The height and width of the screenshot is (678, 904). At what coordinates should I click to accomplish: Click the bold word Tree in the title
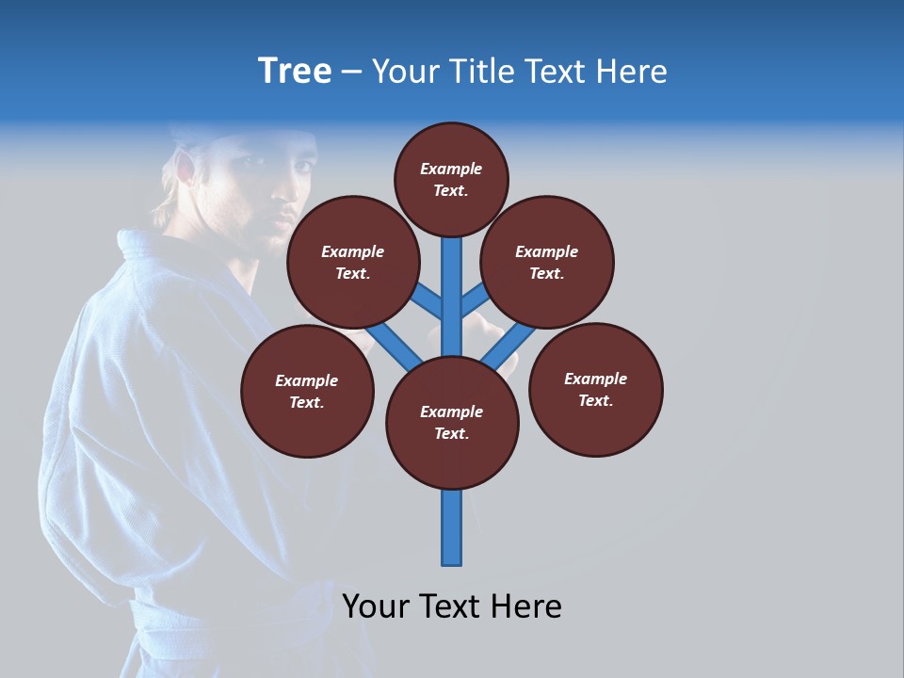point(295,71)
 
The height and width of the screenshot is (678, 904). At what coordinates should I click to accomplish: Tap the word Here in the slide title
point(631,72)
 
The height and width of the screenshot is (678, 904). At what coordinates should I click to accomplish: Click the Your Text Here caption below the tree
point(452,606)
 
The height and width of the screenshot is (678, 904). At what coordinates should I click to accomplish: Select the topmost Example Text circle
point(451,179)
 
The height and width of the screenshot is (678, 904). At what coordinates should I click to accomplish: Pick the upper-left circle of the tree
point(352,262)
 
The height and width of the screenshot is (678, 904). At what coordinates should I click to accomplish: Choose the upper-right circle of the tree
point(547,262)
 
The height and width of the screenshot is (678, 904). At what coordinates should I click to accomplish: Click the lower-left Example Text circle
point(307,391)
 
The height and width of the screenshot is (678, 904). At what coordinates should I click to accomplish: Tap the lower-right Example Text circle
point(595,389)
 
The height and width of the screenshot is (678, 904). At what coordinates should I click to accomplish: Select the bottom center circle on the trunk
point(452,423)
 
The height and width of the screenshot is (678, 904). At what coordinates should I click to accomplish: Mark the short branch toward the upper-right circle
point(474,300)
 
